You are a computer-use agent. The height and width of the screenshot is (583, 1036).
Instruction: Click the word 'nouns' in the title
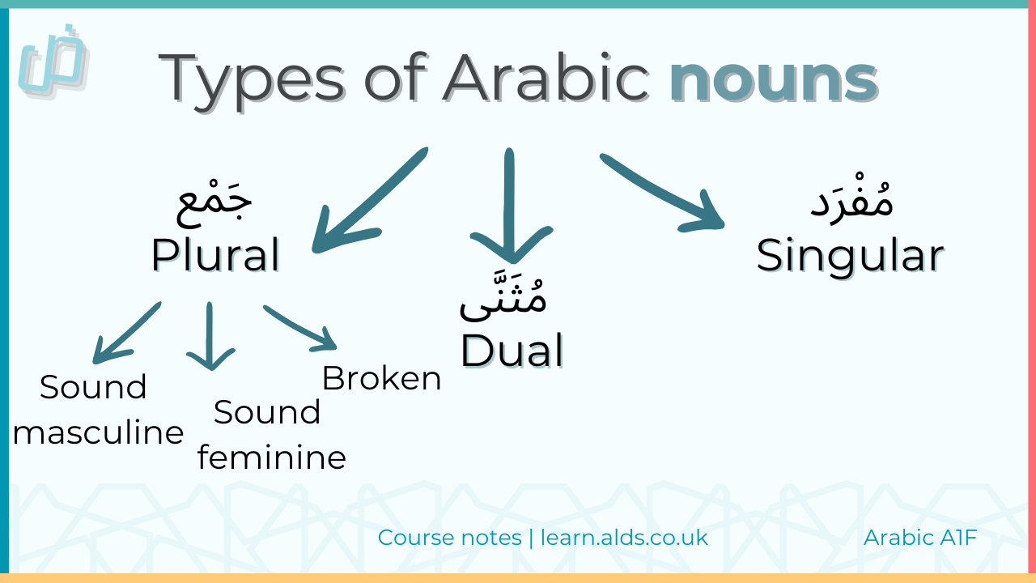(x=774, y=79)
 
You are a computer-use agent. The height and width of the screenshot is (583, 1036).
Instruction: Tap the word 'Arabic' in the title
(x=546, y=79)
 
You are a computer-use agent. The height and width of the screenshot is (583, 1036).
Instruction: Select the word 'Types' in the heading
(x=256, y=80)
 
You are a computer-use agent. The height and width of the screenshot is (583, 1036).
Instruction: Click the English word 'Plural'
(x=215, y=254)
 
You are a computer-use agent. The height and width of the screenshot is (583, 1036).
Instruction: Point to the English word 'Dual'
(x=512, y=351)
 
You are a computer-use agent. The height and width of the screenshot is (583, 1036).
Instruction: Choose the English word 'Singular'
(x=850, y=256)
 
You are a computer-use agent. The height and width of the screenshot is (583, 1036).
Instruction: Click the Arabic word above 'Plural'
(x=215, y=204)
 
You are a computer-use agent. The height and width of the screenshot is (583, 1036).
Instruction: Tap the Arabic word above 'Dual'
(x=503, y=298)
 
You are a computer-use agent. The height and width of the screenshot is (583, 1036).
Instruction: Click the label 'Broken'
(x=381, y=378)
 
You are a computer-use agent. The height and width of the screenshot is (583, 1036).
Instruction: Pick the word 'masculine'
(x=98, y=432)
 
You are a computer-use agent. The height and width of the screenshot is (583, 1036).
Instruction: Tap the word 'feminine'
(x=271, y=458)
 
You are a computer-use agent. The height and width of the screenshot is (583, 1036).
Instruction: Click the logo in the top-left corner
(x=53, y=60)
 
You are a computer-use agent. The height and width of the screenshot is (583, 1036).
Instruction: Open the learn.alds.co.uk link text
(x=624, y=537)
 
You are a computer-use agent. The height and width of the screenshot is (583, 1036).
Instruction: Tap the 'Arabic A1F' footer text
(x=920, y=537)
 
